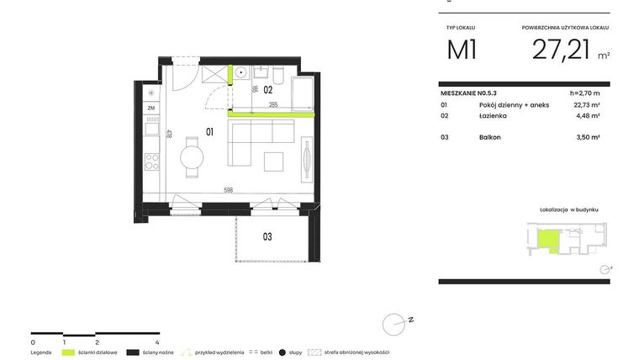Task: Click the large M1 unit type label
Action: (462, 50)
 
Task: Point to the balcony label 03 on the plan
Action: (267, 236)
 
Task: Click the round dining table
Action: (193, 157)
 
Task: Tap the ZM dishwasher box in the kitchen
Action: (151, 109)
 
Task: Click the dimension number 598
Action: (228, 189)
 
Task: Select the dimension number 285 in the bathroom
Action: (272, 105)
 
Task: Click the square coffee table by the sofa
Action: (274, 160)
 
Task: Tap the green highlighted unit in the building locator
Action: (548, 241)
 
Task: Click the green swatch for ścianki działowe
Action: (69, 352)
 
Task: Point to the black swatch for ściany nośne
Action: (133, 352)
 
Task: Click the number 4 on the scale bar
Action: (158, 342)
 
